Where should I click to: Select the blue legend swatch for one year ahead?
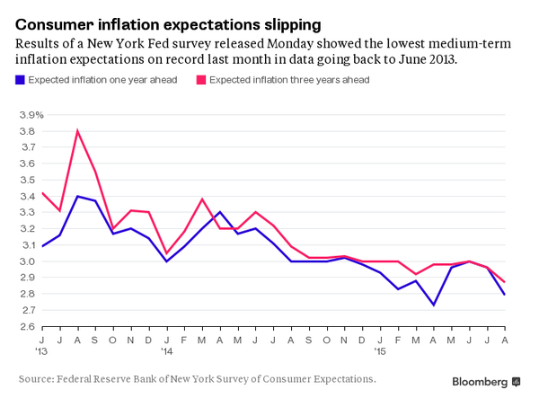[21, 80]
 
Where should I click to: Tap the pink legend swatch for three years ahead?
[201, 80]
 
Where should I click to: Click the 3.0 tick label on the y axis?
[27, 261]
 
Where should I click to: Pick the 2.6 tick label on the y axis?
[27, 326]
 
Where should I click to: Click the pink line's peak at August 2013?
[77, 131]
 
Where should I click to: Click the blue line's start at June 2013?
[42, 246]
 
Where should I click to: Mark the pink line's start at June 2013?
[42, 193]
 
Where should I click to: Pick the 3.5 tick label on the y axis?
[27, 180]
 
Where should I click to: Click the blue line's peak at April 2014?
[220, 212]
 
